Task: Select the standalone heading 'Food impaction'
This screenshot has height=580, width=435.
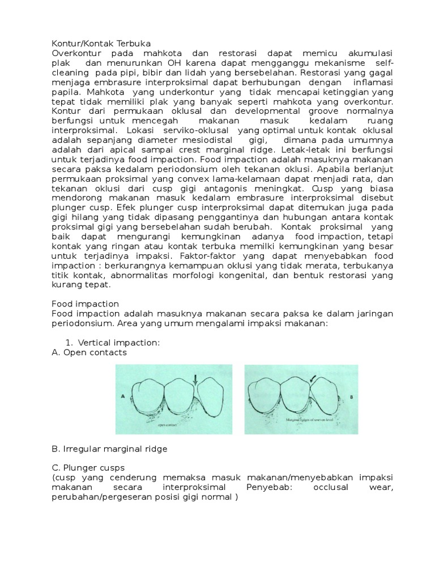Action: (x=85, y=304)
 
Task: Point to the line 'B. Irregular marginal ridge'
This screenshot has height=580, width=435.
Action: (x=109, y=449)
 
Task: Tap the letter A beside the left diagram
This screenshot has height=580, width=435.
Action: (x=122, y=397)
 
